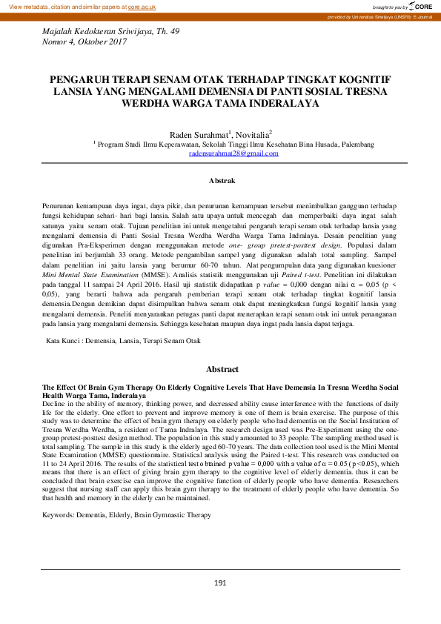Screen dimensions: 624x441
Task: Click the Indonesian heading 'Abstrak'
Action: click(x=222, y=180)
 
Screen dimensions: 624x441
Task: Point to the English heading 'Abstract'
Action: click(x=222, y=369)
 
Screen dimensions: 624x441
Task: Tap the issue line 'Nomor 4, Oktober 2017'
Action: click(x=84, y=43)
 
